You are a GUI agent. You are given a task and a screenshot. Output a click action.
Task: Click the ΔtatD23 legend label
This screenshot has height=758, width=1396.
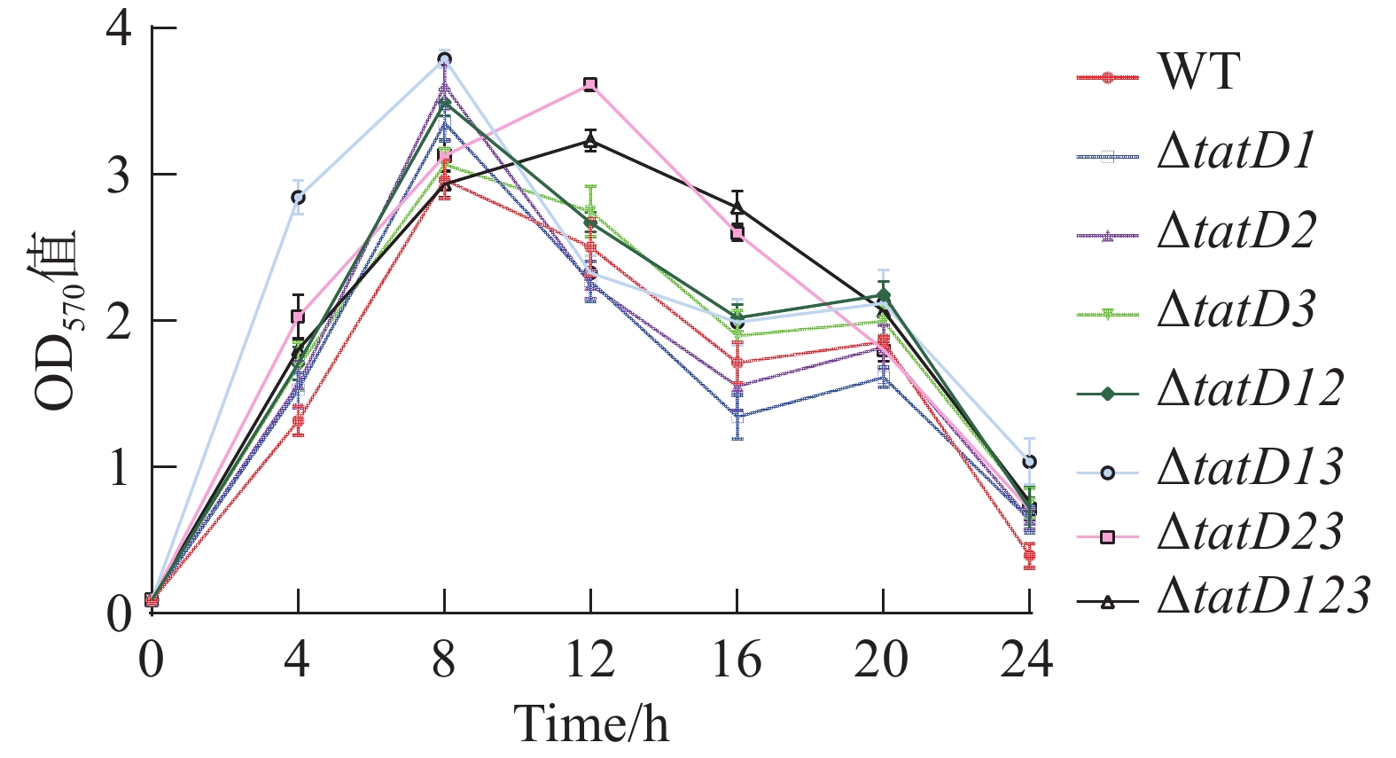point(1250,533)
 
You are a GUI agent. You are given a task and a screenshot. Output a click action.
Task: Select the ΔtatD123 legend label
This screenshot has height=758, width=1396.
point(1264,597)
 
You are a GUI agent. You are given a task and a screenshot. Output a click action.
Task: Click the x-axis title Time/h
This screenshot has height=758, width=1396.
point(591,724)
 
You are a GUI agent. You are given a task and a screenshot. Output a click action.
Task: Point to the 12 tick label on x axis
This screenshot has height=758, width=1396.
point(590,660)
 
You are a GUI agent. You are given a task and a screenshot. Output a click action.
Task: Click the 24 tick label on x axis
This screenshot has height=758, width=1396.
point(1028,660)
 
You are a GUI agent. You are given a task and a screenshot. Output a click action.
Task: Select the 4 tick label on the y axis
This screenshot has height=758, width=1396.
point(119,29)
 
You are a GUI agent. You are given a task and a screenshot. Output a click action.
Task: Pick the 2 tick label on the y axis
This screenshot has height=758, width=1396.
point(119,321)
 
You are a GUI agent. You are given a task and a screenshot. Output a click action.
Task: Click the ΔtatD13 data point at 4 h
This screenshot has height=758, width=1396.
point(298,197)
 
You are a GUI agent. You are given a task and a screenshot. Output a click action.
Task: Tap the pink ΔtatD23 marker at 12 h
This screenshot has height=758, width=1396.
point(590,84)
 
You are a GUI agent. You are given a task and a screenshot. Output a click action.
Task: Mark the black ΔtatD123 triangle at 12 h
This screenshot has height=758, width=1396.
point(590,140)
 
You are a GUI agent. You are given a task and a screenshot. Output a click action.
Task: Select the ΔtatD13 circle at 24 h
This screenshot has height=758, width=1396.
point(1029,462)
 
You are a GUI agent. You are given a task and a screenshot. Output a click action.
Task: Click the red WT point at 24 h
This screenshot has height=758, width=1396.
point(1029,557)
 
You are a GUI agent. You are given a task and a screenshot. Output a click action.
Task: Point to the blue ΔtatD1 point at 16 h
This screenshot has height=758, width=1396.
point(737,415)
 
